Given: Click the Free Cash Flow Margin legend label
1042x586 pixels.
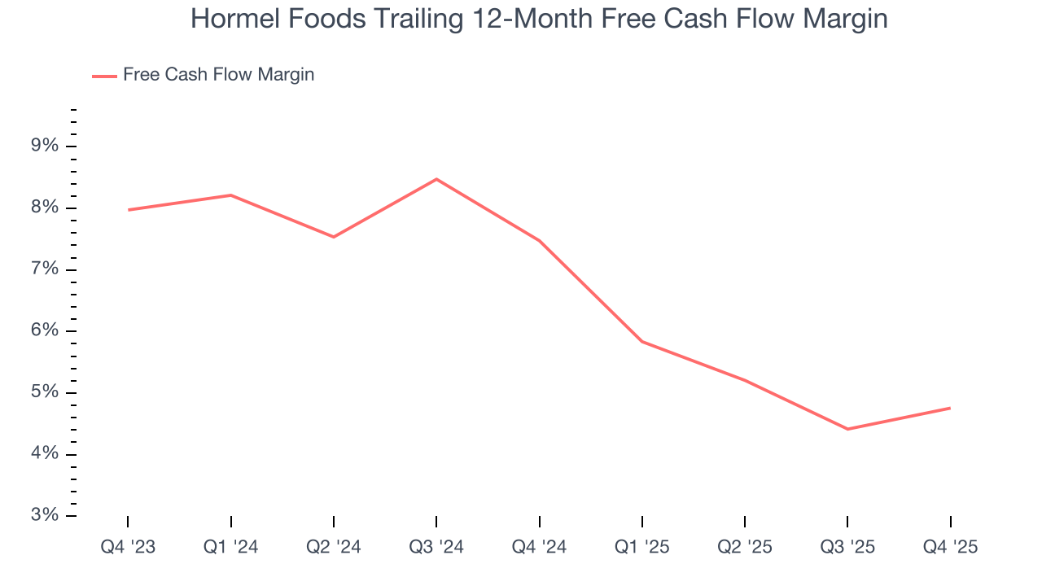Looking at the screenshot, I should pyautogui.click(x=218, y=75).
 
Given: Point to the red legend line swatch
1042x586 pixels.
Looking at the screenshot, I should pyautogui.click(x=104, y=76).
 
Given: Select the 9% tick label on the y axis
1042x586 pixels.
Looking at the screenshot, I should pyautogui.click(x=45, y=146).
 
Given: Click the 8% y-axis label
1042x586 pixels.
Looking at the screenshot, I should pyautogui.click(x=45, y=208).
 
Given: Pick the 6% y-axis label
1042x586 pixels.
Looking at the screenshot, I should pyautogui.click(x=45, y=331).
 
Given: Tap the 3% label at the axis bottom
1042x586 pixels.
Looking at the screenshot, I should pyautogui.click(x=45, y=515).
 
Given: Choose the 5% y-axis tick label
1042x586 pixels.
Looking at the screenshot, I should pyautogui.click(x=45, y=392).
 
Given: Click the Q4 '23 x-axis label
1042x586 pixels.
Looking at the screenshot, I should pyautogui.click(x=128, y=548).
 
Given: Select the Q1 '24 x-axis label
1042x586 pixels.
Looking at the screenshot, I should pyautogui.click(x=231, y=548).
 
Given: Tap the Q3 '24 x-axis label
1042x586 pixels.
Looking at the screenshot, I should pyautogui.click(x=436, y=548).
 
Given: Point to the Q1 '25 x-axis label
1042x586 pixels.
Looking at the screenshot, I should pyautogui.click(x=642, y=548).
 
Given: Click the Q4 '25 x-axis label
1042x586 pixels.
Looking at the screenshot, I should pyautogui.click(x=950, y=548).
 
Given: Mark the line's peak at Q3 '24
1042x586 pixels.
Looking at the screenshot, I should pyautogui.click(x=436, y=179).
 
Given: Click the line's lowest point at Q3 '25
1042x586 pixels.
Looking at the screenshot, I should pyautogui.click(x=847, y=429).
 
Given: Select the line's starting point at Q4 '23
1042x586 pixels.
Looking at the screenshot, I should pyautogui.click(x=129, y=210).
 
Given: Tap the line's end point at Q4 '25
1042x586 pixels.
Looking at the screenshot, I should pyautogui.click(x=950, y=408).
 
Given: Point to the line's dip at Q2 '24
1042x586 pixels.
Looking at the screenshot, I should pyautogui.click(x=334, y=237).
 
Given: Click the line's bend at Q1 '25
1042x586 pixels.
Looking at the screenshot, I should pyautogui.click(x=642, y=342).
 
